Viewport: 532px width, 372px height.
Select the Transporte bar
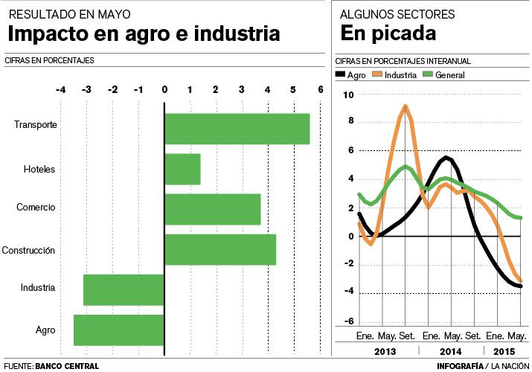(237, 129)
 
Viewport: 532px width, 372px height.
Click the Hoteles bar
(182, 169)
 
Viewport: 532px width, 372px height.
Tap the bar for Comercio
(212, 209)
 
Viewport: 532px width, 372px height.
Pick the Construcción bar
(220, 249)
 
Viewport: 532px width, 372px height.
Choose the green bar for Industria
(124, 289)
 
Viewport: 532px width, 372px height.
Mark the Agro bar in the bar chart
(118, 330)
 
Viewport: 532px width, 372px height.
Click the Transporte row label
(36, 125)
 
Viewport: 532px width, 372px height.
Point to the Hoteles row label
(39, 169)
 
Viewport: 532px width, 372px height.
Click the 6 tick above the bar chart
(320, 90)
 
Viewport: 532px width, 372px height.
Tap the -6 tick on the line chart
(348, 321)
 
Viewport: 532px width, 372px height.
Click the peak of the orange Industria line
(405, 106)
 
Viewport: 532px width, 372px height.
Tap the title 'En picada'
(388, 33)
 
